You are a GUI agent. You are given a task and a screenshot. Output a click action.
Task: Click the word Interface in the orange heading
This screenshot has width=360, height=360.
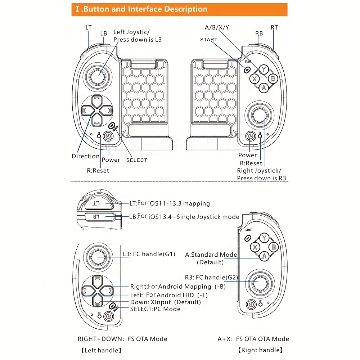[x=144, y=9]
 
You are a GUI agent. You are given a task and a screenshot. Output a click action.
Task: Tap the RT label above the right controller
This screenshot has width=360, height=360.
[x=274, y=27]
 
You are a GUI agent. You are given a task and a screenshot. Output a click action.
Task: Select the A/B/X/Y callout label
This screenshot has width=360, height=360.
[x=217, y=27]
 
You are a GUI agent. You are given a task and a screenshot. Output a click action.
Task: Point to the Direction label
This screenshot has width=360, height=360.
[x=86, y=156]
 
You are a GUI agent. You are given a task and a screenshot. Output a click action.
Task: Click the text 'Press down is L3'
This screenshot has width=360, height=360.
[x=138, y=40]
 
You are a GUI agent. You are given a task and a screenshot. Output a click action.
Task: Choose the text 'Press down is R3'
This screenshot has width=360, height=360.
[x=262, y=178]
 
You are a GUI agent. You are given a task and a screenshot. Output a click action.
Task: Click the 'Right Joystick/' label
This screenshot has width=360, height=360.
[x=259, y=171]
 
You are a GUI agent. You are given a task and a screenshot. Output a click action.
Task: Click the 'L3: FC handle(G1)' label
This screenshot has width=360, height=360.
[x=149, y=254]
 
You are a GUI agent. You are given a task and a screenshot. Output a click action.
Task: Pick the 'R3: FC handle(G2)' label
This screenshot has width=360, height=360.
[x=211, y=277]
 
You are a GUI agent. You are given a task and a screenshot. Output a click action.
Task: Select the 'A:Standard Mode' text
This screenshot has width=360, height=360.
[x=211, y=255]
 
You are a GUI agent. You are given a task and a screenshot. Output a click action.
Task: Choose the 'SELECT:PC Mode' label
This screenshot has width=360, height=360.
[x=155, y=309]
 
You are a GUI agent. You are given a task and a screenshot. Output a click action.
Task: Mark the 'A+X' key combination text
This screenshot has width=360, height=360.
[x=225, y=339]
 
